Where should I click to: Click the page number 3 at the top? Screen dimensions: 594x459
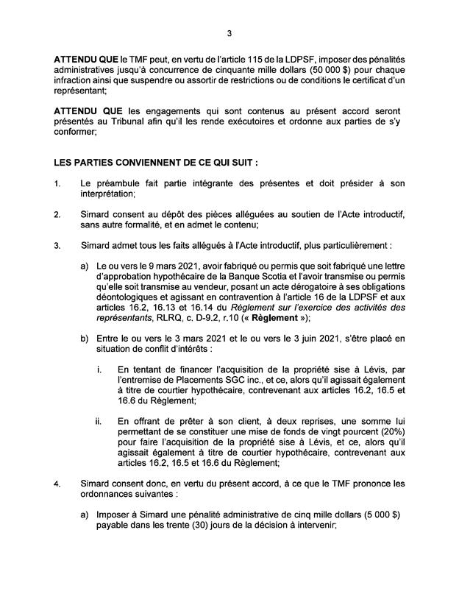[x=229, y=33]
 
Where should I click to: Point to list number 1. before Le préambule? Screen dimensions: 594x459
[x=58, y=181]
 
